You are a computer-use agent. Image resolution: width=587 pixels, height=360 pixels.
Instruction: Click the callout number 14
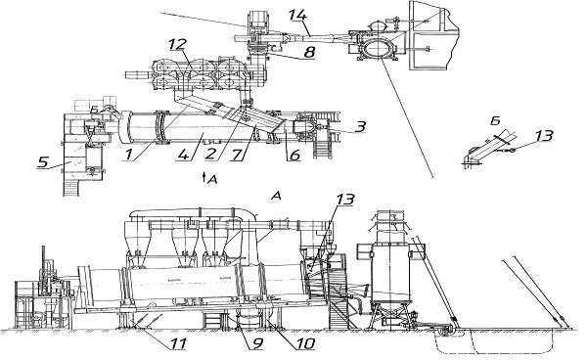point(298,16)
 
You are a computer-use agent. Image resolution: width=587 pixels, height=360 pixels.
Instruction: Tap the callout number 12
point(177,45)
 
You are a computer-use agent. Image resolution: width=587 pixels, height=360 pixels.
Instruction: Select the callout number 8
point(309,52)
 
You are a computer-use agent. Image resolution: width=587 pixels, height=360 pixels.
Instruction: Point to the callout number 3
point(360,126)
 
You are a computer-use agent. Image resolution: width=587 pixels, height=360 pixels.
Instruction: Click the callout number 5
point(43,162)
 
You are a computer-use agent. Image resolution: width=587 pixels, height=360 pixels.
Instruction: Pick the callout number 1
point(129,155)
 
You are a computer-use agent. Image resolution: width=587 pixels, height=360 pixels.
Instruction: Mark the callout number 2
point(210,155)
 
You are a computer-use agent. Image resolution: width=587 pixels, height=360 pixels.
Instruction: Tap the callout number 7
point(236,155)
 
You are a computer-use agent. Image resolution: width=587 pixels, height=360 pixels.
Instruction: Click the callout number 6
point(295,155)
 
